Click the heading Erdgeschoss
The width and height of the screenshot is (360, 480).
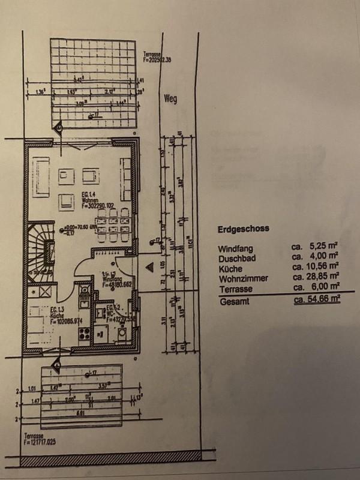[x=242, y=229]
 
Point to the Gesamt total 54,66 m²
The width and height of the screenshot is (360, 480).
[x=316, y=299]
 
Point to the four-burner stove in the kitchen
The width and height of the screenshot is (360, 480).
[x=84, y=334]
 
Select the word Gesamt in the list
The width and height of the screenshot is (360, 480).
[x=232, y=299]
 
